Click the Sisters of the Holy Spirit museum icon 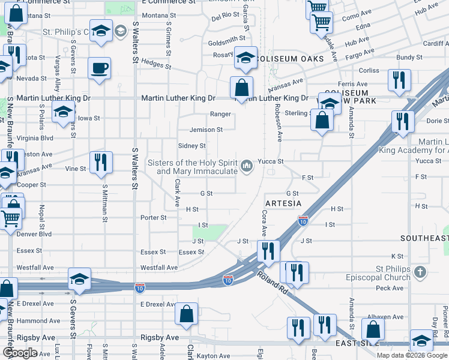coord(247,165)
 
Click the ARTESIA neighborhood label coord(283,203)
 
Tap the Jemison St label coord(206,130)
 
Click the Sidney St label coord(192,146)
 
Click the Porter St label coord(154,218)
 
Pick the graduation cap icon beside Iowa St coord(64,112)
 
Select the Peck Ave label coord(390,289)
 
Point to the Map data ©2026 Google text coord(411,355)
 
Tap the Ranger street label coord(220,114)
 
